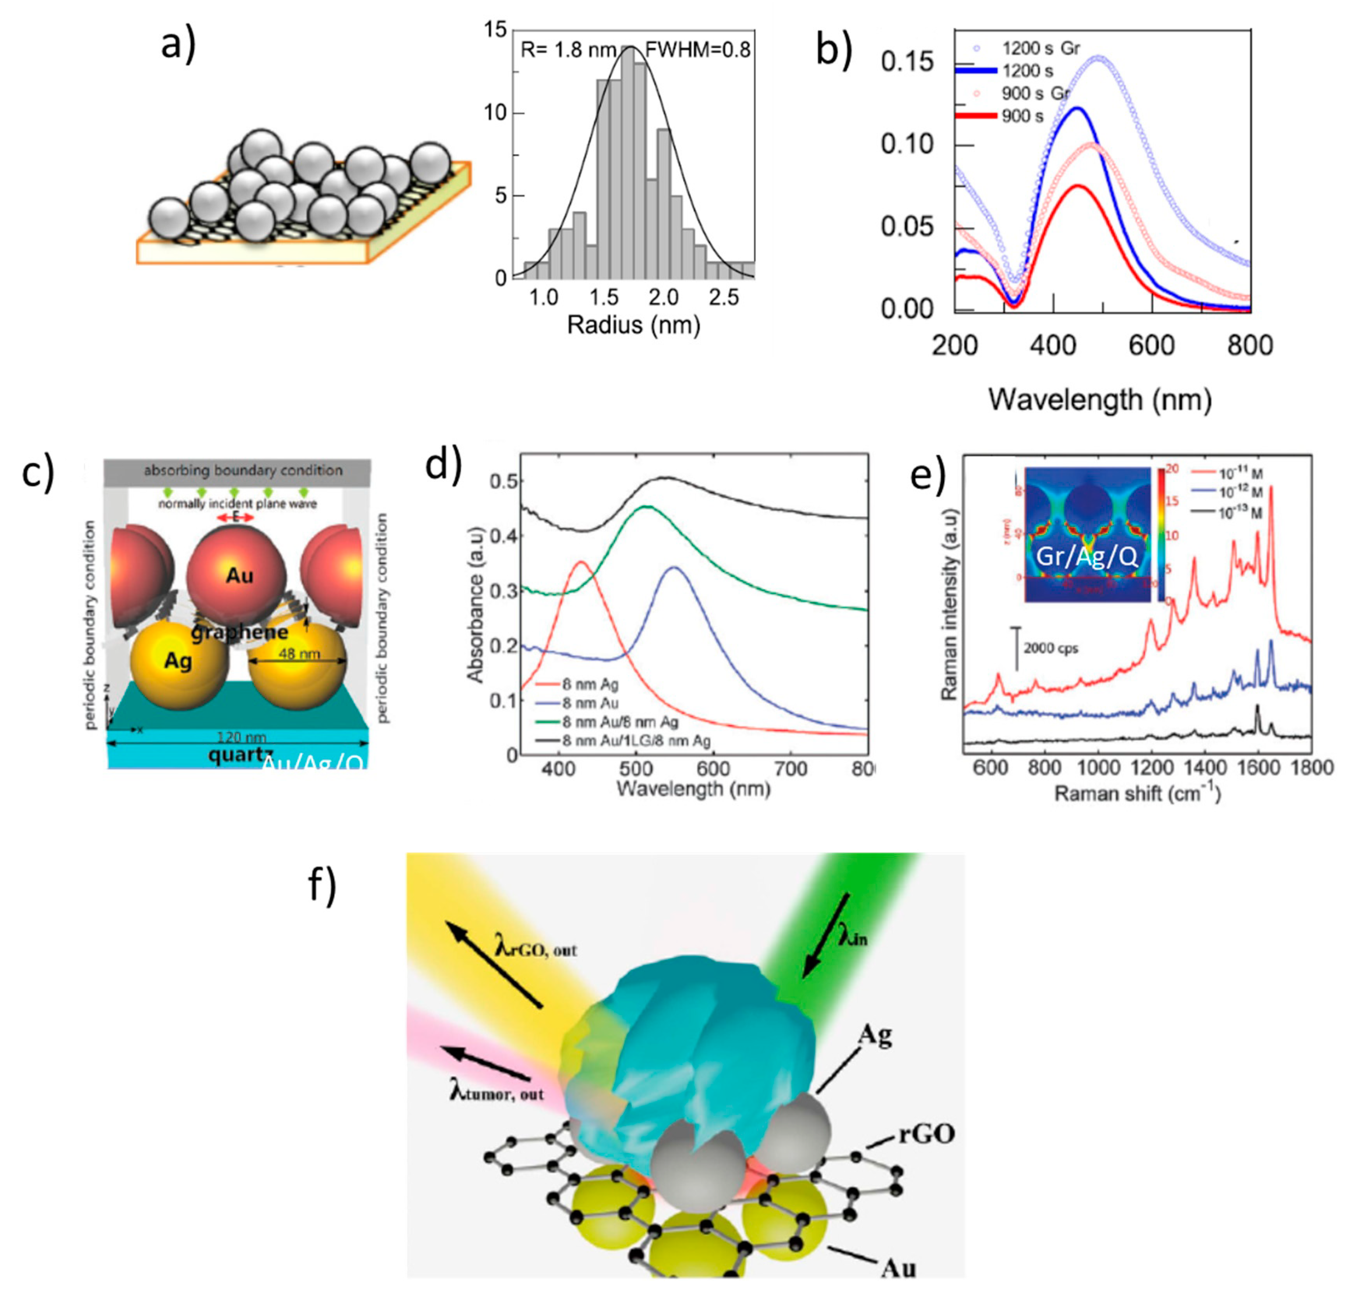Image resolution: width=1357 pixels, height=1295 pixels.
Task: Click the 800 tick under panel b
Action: point(1250,345)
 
